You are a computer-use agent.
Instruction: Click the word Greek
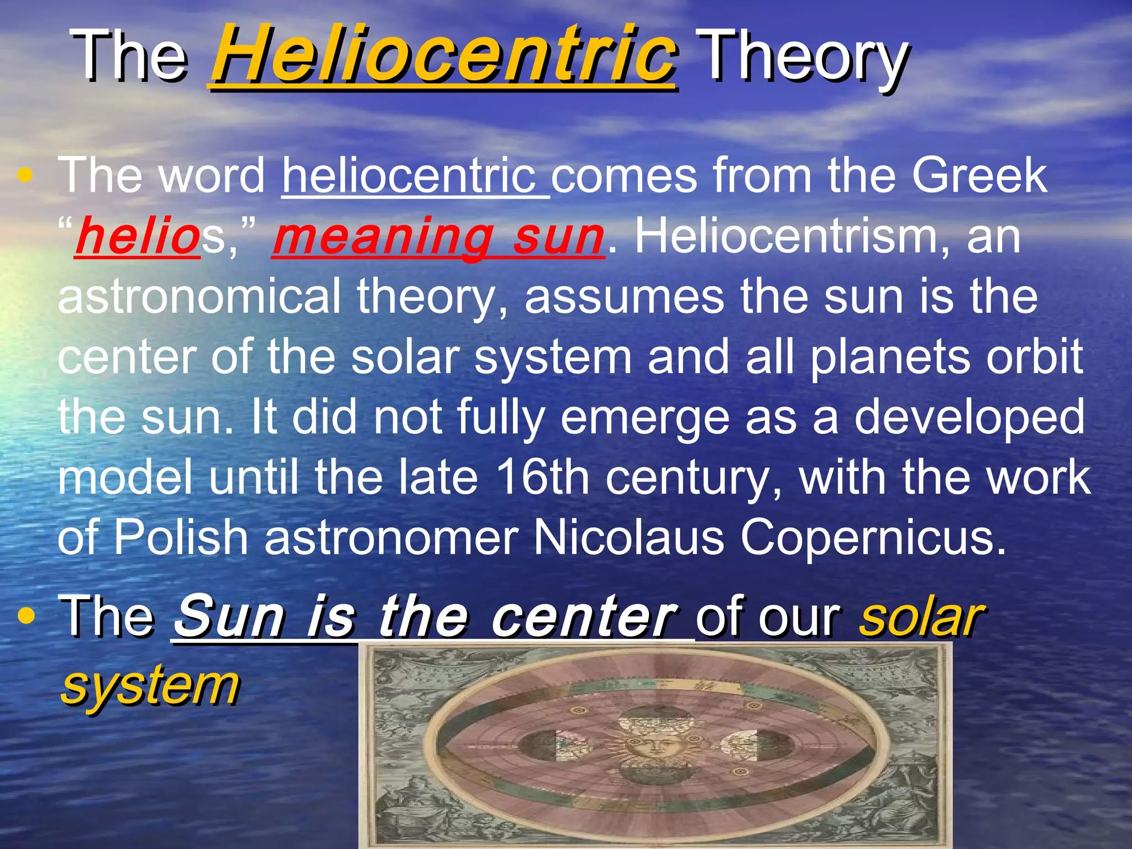pyautogui.click(x=979, y=176)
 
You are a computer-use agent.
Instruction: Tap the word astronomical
pyautogui.click(x=199, y=297)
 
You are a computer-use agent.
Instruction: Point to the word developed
pyautogui.click(x=969, y=417)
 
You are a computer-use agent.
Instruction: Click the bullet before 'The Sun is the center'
pyautogui.click(x=25, y=615)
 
